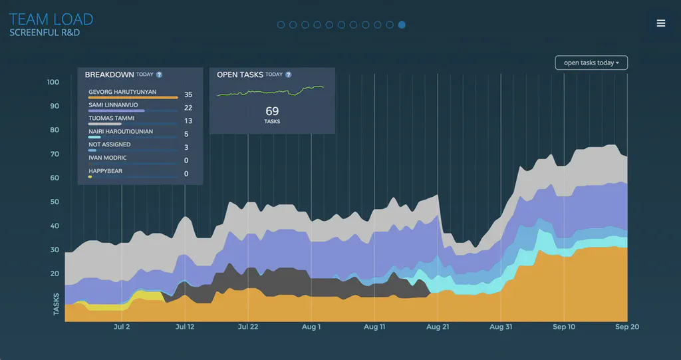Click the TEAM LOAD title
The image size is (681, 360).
(51, 19)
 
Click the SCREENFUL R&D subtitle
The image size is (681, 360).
(45, 33)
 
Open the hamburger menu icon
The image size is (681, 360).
(660, 23)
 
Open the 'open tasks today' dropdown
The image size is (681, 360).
(591, 63)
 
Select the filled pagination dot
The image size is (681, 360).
(402, 25)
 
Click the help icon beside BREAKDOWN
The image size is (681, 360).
(160, 75)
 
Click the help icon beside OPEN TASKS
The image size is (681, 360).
(288, 75)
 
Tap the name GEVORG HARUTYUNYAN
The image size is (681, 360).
(126, 91)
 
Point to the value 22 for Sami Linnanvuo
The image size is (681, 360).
(188, 108)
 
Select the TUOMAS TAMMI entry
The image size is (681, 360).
(112, 118)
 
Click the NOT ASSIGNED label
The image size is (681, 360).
(110, 144)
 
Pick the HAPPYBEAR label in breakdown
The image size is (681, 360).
(105, 171)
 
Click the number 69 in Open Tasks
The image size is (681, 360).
(272, 111)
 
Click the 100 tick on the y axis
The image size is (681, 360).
(53, 83)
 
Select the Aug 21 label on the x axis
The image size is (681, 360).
(438, 327)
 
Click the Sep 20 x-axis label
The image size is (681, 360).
(626, 327)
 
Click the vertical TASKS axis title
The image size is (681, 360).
(57, 303)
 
